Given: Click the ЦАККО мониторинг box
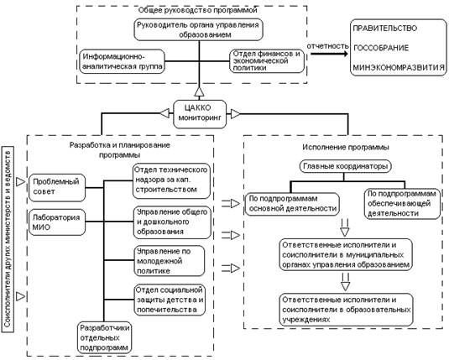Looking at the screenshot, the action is point(200,114).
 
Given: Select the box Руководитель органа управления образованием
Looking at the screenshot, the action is point(198,29).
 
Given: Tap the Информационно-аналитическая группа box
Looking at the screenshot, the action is point(123,61).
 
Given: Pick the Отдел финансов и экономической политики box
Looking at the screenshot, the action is point(267,61).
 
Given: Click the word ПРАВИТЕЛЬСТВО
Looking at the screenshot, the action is point(385,29).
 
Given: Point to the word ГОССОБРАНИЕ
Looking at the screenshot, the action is point(381,48).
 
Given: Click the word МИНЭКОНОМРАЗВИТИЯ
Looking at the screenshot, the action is point(399,68).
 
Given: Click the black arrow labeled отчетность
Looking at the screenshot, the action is point(329,54).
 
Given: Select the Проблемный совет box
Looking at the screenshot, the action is point(57,188).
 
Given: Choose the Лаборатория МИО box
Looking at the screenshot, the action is point(57,222).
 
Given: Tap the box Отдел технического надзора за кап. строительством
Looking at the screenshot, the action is point(171,181).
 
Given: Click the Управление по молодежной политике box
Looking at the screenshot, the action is point(170,261).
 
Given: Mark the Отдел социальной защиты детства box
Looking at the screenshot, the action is point(170,300).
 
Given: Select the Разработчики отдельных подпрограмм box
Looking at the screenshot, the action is point(105,337).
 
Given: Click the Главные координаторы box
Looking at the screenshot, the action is point(345,166).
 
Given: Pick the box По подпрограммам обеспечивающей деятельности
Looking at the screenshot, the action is point(402,204).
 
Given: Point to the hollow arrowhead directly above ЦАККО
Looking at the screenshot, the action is point(199,92).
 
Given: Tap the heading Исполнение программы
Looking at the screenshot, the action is point(346,147).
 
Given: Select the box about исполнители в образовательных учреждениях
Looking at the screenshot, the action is point(347,310).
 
